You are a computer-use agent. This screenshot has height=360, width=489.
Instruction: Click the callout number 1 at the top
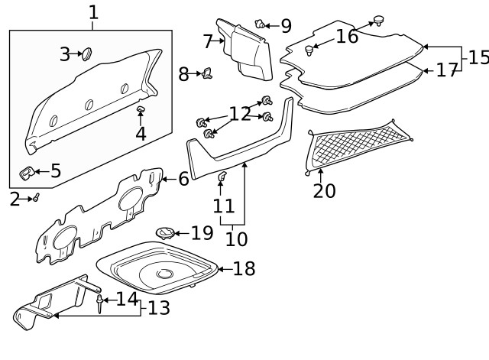pos(93,12)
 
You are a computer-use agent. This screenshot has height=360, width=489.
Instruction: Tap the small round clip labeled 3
pos(86,54)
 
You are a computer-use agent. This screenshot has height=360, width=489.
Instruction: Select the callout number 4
pos(141,133)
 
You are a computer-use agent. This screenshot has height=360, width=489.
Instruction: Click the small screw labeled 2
pos(35,198)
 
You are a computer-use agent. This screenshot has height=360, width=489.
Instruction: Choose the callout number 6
pos(183,179)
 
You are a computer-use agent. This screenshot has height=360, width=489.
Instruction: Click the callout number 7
pos(208,41)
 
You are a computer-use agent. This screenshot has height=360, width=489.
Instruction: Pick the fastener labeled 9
pos(261,25)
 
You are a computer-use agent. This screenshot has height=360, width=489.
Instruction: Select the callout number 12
pos(240,114)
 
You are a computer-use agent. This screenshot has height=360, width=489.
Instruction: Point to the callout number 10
pos(236,238)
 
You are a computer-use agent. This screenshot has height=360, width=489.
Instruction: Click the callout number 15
pos(478,57)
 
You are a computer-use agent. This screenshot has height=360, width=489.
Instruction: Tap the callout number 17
pos(446,70)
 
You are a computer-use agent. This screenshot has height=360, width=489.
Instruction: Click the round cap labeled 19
pos(165,232)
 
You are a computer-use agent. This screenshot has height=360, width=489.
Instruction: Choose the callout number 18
pos(244,268)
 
